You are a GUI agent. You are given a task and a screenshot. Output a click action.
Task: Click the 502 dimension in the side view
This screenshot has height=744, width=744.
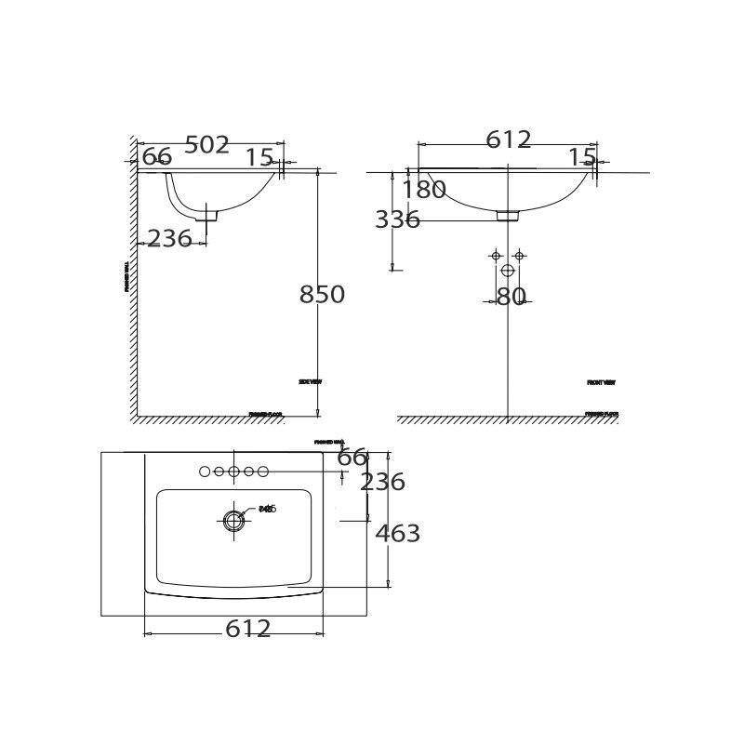(x=206, y=145)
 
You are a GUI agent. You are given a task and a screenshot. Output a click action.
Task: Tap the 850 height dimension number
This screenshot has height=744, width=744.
(x=322, y=295)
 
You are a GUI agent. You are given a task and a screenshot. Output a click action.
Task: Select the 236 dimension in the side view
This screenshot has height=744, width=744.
(x=169, y=239)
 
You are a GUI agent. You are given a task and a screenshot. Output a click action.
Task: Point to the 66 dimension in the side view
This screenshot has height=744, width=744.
(x=157, y=157)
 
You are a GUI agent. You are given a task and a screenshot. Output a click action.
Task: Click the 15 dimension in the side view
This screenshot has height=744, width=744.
(x=259, y=158)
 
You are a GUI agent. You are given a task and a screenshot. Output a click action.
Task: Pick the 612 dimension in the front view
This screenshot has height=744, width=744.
(x=509, y=139)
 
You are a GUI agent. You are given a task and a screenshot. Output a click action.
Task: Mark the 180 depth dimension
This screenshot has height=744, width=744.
(x=424, y=190)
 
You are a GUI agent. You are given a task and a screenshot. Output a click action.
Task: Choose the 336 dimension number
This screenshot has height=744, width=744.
(x=397, y=220)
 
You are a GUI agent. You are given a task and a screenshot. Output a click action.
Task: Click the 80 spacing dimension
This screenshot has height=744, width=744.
(x=511, y=297)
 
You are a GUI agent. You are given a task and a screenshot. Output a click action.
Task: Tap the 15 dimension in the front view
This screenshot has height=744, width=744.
(x=581, y=157)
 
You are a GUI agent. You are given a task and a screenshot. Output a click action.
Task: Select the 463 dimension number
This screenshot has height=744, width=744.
(x=397, y=534)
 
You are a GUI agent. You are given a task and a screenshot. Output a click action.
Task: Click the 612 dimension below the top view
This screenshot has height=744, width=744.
(x=248, y=629)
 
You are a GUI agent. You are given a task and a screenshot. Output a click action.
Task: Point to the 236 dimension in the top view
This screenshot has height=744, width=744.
(x=382, y=482)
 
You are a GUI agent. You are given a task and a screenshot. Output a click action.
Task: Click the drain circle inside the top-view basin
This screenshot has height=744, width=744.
(x=233, y=521)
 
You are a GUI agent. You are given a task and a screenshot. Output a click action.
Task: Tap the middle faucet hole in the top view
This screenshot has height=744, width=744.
(x=233, y=472)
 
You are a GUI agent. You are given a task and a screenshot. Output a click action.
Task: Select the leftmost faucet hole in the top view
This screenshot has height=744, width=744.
(x=205, y=472)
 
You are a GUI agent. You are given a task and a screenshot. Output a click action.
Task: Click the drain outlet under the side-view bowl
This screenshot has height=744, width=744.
(x=206, y=215)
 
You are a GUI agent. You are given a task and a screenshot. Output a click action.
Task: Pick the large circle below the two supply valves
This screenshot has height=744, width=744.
(x=508, y=271)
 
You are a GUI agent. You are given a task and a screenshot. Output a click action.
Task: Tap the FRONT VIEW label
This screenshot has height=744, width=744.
(x=601, y=382)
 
